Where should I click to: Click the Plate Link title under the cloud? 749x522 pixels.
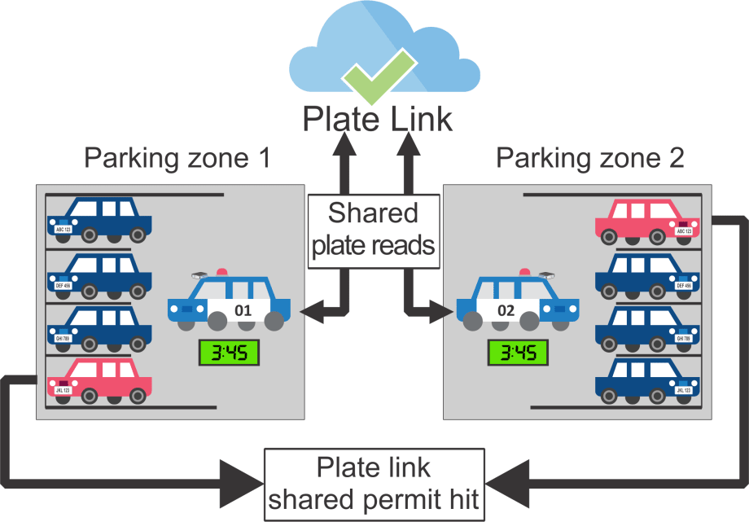pyautogui.click(x=376, y=119)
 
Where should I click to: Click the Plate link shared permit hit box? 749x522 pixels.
pyautogui.click(x=373, y=483)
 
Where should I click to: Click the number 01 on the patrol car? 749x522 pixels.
pyautogui.click(x=243, y=310)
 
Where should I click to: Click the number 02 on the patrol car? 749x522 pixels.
pyautogui.click(x=506, y=310)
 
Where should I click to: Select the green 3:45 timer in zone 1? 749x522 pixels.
pyautogui.click(x=229, y=353)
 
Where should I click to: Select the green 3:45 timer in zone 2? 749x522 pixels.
pyautogui.click(x=517, y=353)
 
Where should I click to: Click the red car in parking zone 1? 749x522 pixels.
pyautogui.click(x=99, y=380)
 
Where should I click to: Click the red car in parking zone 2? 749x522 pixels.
pyautogui.click(x=647, y=220)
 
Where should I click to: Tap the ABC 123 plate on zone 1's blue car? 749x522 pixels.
pyautogui.click(x=64, y=230)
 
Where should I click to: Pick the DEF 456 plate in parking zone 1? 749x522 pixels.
pyautogui.click(x=64, y=286)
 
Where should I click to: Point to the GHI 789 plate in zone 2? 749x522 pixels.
pyautogui.click(x=684, y=338)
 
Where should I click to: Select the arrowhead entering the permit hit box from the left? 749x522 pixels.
pyautogui.click(x=237, y=473)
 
